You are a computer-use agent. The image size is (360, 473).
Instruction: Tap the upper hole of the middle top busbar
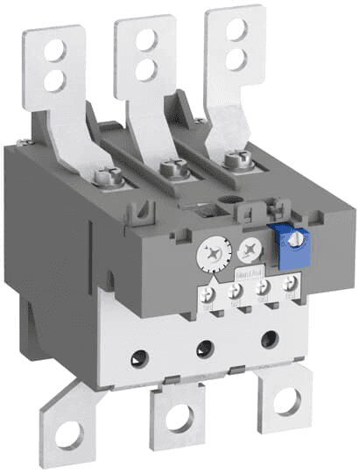click(145, 38)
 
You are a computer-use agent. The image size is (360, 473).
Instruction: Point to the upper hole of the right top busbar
click(234, 30)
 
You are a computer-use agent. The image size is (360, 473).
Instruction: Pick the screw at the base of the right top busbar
click(232, 159)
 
